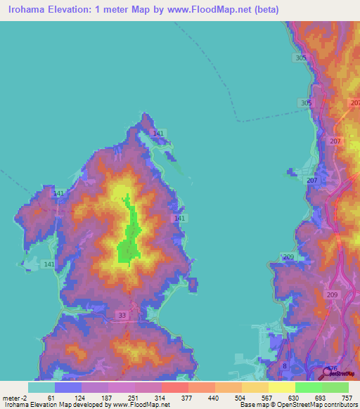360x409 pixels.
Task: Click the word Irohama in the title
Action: [30, 10]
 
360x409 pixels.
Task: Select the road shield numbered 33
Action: [124, 316]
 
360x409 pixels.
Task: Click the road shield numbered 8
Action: [285, 366]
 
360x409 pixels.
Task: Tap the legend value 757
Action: [347, 398]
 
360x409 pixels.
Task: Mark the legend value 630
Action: [283, 398]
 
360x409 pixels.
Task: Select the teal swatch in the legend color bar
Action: [41, 387]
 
